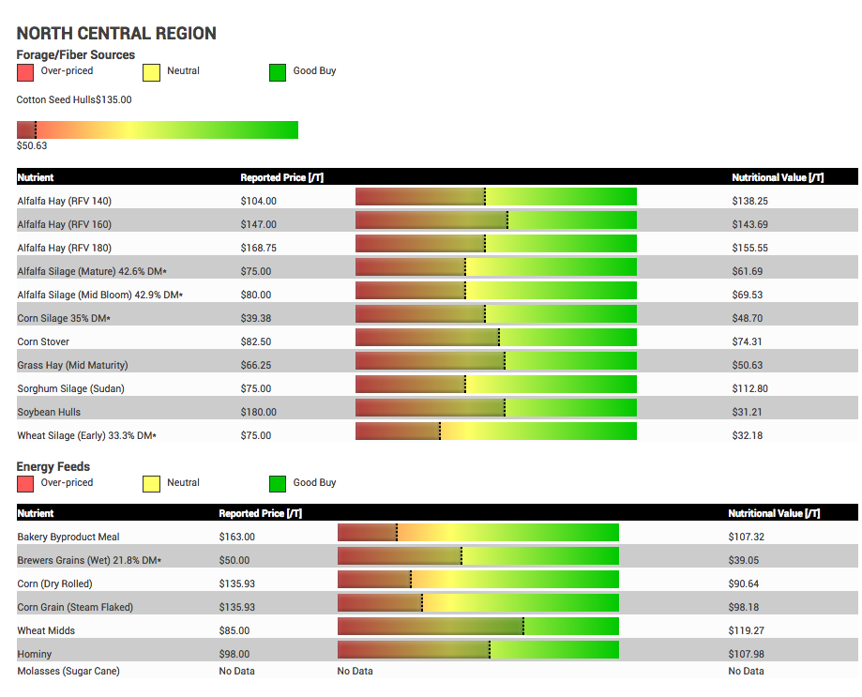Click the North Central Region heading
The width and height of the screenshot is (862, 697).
click(116, 34)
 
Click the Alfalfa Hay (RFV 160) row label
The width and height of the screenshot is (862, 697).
click(65, 224)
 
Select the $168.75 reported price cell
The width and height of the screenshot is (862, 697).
click(258, 248)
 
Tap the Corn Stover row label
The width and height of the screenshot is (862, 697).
click(43, 341)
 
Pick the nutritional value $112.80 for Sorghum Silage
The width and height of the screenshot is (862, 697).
click(749, 388)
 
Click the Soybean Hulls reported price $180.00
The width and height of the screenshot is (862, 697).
click(258, 412)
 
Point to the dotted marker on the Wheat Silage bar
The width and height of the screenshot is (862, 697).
click(440, 431)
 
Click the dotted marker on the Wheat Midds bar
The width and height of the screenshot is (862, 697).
click(523, 626)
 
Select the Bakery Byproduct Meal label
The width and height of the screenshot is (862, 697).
click(68, 537)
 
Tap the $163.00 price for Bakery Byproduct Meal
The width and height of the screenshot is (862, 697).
click(237, 537)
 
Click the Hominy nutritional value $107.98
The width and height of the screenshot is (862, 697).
click(746, 654)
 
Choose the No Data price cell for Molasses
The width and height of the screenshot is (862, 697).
click(237, 671)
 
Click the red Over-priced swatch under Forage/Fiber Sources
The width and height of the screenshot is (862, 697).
click(25, 72)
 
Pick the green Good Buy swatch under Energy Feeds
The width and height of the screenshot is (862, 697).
click(278, 484)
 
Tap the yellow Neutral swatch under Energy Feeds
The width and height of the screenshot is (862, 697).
click(151, 484)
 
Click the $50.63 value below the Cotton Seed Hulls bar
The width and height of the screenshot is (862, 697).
click(32, 145)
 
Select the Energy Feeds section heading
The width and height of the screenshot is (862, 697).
click(53, 466)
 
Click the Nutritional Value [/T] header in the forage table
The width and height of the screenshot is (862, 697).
click(778, 177)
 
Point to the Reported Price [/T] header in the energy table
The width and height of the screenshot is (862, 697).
click(261, 513)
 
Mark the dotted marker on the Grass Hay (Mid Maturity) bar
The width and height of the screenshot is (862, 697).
click(505, 360)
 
